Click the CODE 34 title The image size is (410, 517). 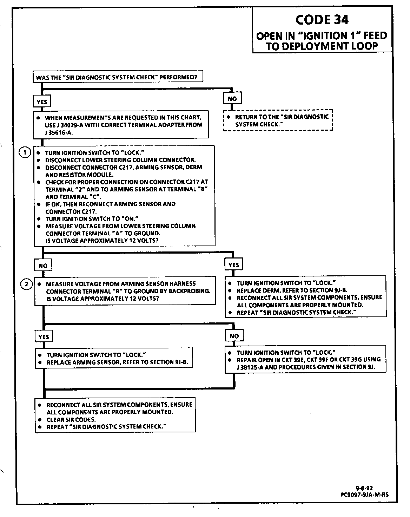322,20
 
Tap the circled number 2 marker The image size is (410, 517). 26,284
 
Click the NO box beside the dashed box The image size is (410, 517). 232,99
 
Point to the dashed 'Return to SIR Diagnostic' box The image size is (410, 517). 278,120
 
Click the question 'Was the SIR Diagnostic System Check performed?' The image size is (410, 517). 118,77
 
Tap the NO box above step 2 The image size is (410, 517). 43,266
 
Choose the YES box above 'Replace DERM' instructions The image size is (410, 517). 234,265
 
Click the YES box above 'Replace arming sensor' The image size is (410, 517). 44,337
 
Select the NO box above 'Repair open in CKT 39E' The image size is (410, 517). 234,336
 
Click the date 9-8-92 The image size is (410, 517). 364,488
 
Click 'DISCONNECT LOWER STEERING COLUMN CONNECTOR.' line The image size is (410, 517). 120,160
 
